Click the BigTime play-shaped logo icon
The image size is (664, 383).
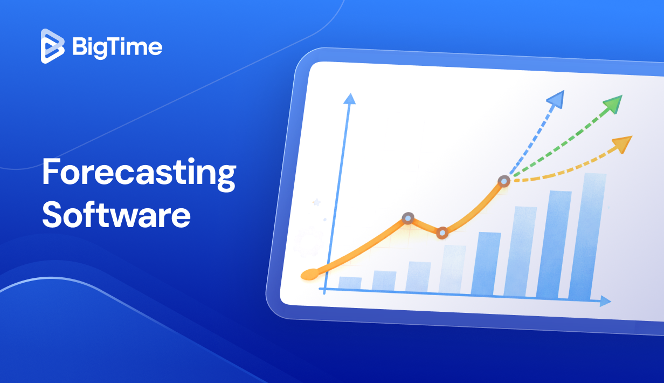[x=52, y=46]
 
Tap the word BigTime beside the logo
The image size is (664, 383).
[x=117, y=47]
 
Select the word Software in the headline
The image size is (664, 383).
[x=116, y=215]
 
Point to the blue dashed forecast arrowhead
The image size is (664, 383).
[x=556, y=98]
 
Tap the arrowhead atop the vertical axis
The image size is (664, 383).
[x=350, y=99]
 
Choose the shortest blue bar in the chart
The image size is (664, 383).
[x=350, y=283]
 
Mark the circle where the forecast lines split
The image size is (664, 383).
[x=504, y=181]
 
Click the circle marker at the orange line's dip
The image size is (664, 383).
[x=442, y=233]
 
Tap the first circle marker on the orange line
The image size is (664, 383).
[x=408, y=218]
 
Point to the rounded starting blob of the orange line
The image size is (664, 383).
[x=309, y=275]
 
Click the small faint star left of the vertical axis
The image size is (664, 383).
[x=316, y=202]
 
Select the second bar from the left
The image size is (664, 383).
[x=384, y=281]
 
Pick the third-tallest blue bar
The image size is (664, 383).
[x=521, y=251]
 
